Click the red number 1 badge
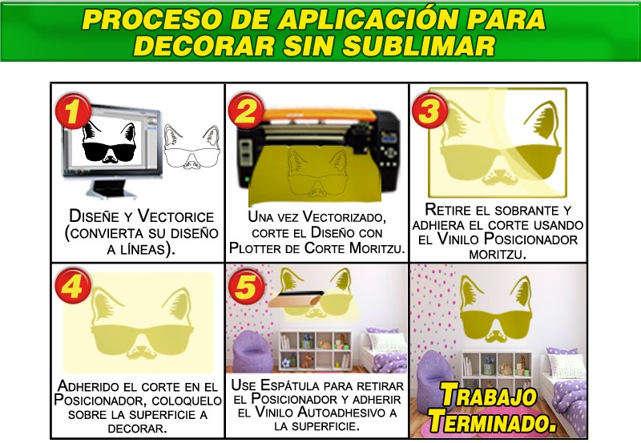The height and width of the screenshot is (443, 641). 73,111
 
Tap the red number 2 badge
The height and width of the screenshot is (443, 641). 247,111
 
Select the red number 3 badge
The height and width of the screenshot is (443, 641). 430,111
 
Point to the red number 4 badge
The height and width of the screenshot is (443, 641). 73,286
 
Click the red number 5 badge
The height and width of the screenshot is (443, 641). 247,286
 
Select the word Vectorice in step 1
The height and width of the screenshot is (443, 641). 175,215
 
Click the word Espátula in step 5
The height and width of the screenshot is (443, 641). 292,385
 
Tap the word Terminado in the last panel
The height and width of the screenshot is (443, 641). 492,421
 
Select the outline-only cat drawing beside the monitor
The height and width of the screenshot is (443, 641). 192,147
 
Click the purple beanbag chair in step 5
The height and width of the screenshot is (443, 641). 251,352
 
